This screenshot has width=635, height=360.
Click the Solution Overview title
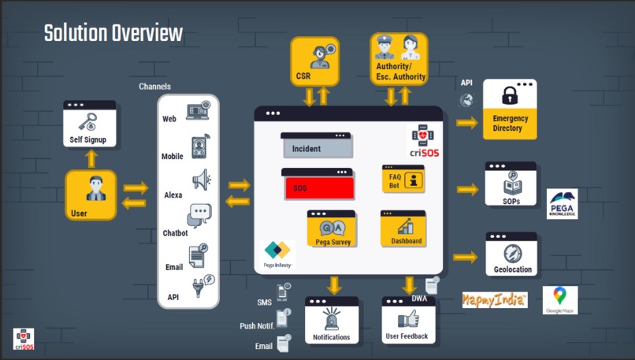(113, 33)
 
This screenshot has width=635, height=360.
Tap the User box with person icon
(90, 196)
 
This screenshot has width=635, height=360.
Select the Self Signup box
(89, 125)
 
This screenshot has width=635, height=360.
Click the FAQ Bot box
(403, 180)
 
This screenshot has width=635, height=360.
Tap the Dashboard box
(403, 229)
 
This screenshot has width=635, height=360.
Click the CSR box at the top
(314, 61)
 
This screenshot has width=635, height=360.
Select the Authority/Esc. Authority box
(399, 59)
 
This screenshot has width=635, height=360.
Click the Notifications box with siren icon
(332, 321)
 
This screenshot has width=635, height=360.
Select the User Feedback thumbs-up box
(407, 321)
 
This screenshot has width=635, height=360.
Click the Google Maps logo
(559, 300)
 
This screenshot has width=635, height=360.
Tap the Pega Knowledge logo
(562, 203)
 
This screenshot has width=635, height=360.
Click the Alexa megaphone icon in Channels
(200, 180)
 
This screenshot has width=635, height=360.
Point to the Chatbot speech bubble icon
(199, 214)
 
